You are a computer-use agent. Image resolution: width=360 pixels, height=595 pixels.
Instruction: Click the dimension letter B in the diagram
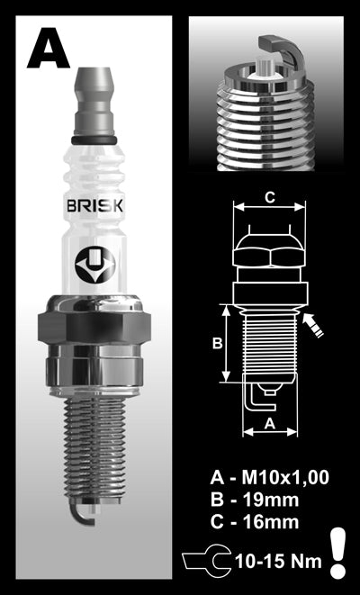pyautogui.click(x=215, y=343)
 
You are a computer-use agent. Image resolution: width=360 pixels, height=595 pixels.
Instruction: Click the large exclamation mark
pyautogui.click(x=338, y=551)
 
